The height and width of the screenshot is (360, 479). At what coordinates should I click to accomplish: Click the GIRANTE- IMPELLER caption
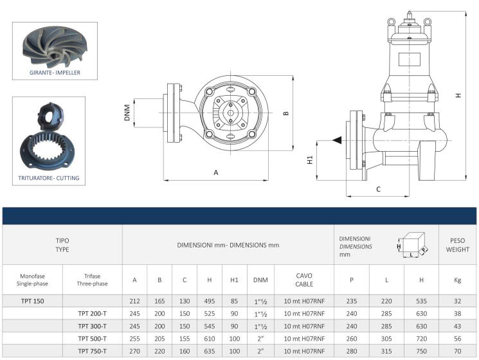(x=55, y=73)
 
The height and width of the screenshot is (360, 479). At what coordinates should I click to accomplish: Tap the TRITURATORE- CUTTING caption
(x=55, y=178)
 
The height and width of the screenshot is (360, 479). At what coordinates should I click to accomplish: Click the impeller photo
(x=55, y=47)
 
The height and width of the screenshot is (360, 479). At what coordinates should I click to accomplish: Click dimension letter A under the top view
(x=216, y=172)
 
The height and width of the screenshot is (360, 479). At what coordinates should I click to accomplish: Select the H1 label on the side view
(x=310, y=159)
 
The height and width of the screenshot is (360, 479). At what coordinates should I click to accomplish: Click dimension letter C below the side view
(x=378, y=189)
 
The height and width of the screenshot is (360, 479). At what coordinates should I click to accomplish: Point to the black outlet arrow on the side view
(x=337, y=140)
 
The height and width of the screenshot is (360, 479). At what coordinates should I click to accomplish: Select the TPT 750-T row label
(x=92, y=351)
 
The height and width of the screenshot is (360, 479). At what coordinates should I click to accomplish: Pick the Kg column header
(x=458, y=280)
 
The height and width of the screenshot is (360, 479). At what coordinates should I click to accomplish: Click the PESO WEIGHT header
(x=458, y=245)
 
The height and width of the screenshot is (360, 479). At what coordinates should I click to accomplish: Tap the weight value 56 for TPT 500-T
(x=458, y=338)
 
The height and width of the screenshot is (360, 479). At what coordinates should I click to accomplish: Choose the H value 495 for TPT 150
(x=209, y=300)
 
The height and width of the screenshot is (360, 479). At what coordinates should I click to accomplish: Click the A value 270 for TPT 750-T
(x=135, y=351)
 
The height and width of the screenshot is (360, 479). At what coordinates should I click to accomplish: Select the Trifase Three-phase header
(x=92, y=280)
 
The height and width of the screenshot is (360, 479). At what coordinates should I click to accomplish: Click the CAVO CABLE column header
(x=304, y=280)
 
